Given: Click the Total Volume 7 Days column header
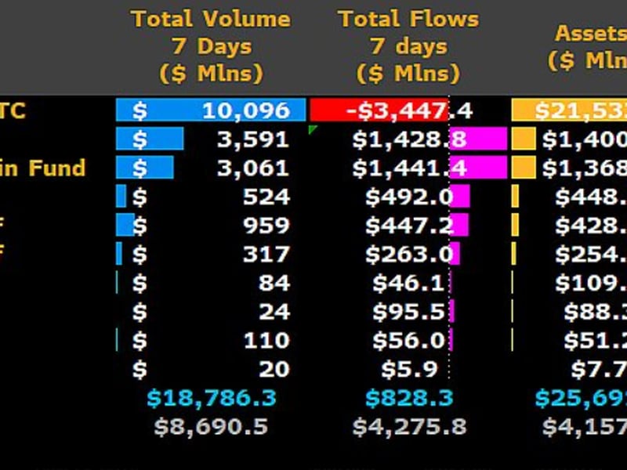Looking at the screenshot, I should point(210,46).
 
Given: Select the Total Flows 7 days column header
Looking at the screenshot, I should point(408,46).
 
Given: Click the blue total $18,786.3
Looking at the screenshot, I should point(212,398).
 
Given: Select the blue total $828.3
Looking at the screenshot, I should point(408,398).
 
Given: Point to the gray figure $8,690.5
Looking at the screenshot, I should point(212,427).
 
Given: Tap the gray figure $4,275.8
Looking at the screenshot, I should point(408,427).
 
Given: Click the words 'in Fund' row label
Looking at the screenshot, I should point(42,168).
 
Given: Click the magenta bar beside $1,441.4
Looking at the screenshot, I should point(479,168).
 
